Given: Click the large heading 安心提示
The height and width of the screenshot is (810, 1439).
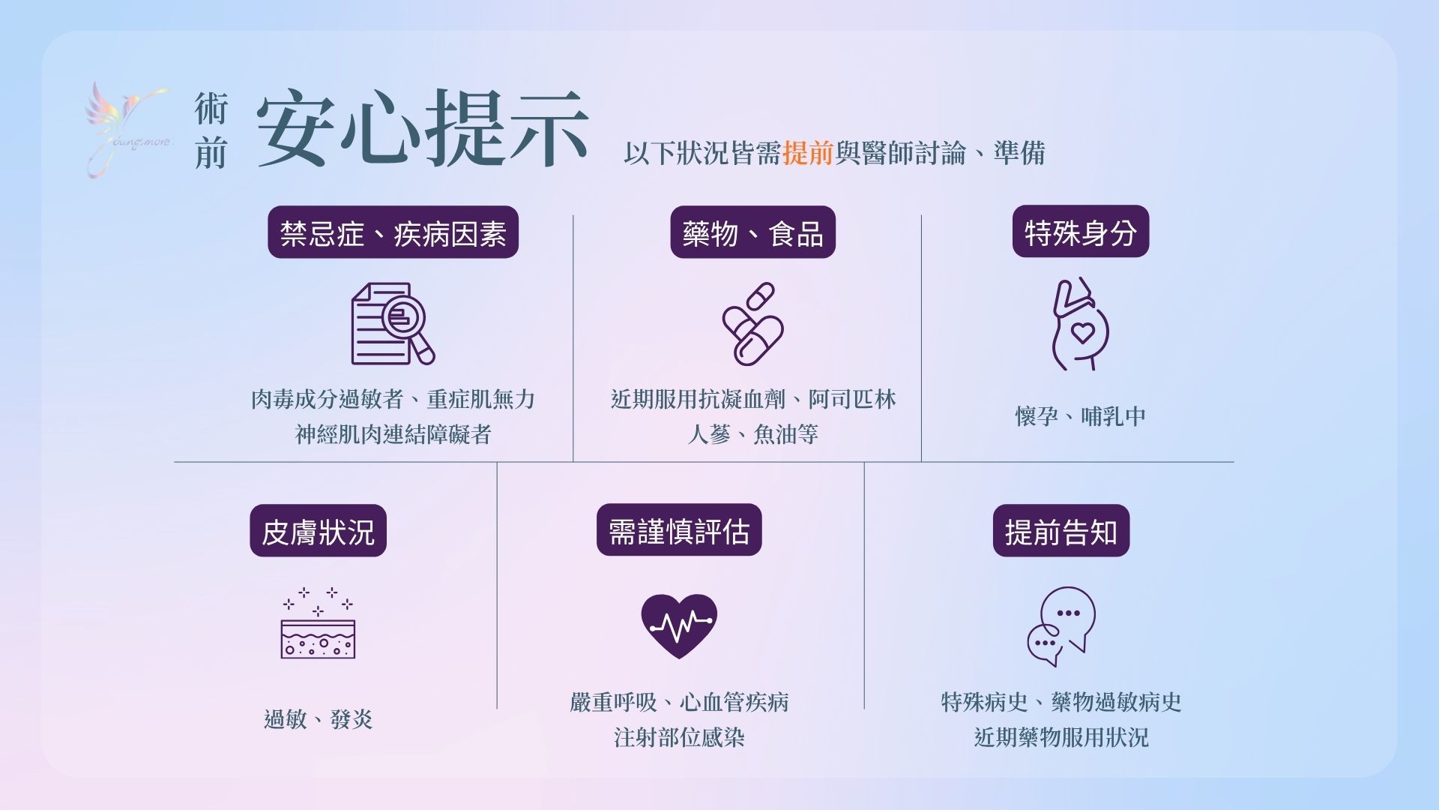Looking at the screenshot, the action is tap(423, 128).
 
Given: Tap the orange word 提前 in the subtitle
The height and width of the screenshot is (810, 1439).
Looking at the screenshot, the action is tap(808, 153).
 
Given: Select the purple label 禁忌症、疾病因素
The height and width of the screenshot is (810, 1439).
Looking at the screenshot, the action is tap(393, 232).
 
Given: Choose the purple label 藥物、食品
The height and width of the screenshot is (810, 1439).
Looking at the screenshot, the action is tap(752, 232).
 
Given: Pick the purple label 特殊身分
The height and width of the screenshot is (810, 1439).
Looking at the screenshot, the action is tap(1081, 232).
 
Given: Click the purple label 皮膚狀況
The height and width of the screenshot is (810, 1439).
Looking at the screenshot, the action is tap(318, 531).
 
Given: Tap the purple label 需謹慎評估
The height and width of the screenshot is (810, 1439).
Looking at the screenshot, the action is tap(679, 530).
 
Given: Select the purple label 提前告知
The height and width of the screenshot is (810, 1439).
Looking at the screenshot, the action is tap(1061, 531).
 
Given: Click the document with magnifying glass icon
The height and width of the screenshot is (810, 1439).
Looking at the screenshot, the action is tap(393, 323).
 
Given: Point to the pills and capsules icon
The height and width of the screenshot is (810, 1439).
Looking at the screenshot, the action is tap(752, 323).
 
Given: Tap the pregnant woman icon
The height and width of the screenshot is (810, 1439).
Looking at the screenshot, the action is tap(1080, 323).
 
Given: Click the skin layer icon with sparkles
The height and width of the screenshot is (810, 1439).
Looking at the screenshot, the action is tap(318, 622).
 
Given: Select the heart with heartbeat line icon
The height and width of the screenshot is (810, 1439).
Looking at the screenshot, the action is tap(679, 626).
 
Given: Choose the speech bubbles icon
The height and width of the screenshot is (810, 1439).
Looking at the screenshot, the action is tap(1061, 626).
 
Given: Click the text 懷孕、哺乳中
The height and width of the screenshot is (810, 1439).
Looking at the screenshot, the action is tap(1081, 416).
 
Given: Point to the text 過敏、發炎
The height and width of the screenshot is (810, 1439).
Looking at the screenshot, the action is tap(318, 719).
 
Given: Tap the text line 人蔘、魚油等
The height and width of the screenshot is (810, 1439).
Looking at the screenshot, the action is tap(752, 434).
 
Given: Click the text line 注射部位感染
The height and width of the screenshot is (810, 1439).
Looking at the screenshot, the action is tap(679, 737).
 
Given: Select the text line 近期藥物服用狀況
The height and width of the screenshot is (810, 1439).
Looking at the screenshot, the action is tap(1061, 737).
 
